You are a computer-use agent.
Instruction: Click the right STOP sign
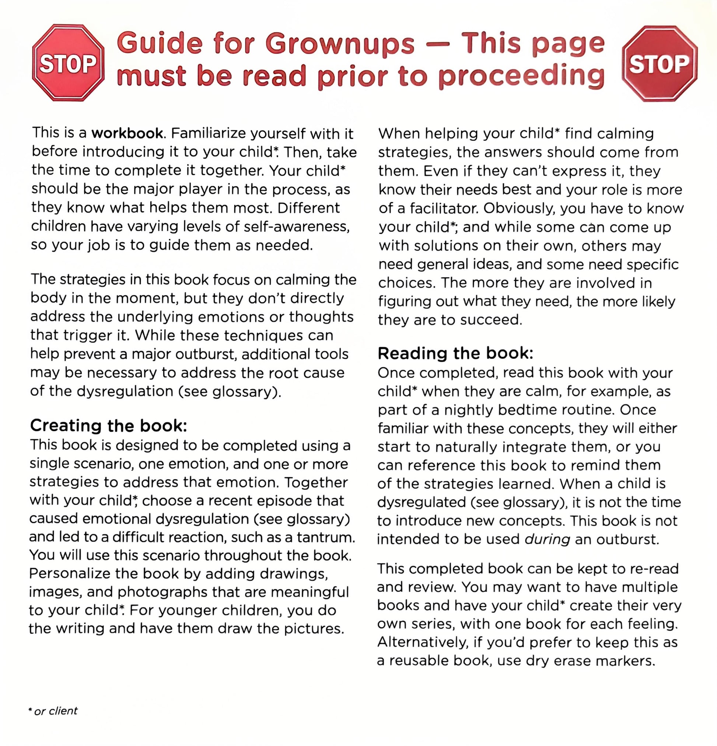(659, 64)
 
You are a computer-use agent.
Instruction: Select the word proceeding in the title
(521, 76)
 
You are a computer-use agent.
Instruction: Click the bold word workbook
(127, 133)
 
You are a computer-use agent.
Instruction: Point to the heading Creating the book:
(108, 426)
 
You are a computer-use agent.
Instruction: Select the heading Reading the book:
(455, 354)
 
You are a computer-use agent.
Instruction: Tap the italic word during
(547, 539)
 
